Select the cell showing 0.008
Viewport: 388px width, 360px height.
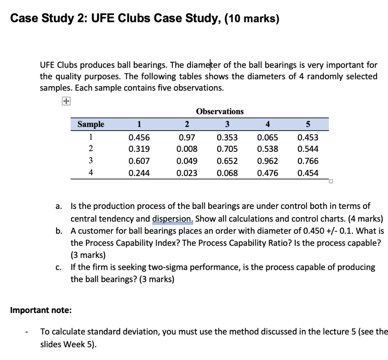tap(187, 149)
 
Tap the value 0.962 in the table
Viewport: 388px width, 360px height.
tap(267, 161)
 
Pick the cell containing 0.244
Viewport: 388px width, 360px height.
tap(139, 173)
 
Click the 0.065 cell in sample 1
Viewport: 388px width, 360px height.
tap(267, 137)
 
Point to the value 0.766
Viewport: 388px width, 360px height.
tap(308, 161)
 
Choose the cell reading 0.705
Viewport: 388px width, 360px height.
tap(227, 149)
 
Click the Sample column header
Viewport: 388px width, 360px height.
tap(91, 124)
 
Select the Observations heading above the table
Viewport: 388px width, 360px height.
tap(220, 111)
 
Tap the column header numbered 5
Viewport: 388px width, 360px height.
tap(308, 124)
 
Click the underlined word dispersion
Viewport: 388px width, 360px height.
tap(173, 219)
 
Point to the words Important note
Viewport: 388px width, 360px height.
tap(41, 310)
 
